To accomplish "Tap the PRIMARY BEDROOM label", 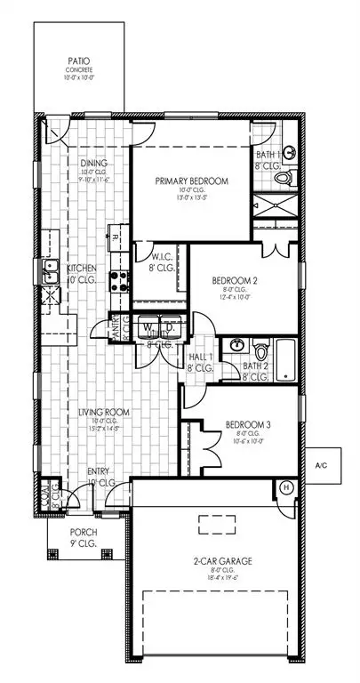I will click(192, 181).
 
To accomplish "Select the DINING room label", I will click(92, 163).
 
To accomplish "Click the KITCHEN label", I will click(87, 267).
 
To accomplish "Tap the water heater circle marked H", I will click(287, 487).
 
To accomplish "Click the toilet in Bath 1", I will click(283, 178).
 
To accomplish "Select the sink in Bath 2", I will click(237, 345).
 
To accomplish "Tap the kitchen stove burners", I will click(119, 283).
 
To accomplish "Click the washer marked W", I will click(150, 327).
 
